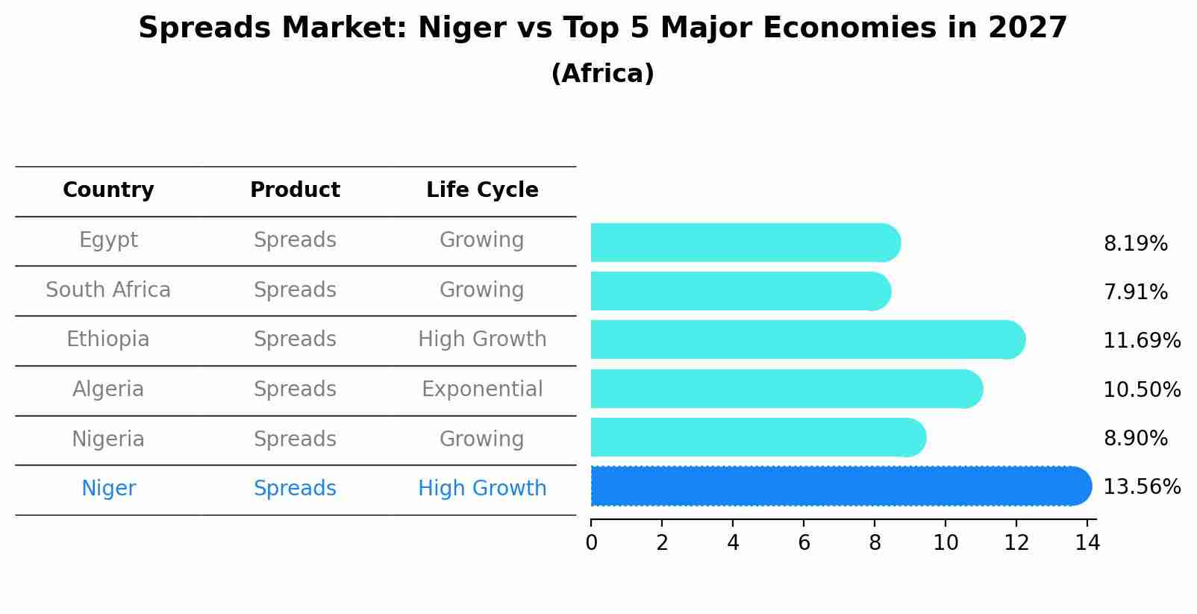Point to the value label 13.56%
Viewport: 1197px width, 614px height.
[x=1142, y=487]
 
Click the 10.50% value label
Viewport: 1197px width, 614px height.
[x=1142, y=389]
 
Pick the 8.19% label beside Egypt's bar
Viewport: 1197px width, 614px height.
[x=1135, y=244]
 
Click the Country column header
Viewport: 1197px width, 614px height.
[x=108, y=190]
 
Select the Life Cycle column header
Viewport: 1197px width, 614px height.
[x=482, y=190]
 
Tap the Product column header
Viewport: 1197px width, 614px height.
[x=295, y=190]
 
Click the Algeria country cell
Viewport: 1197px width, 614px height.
[x=108, y=389]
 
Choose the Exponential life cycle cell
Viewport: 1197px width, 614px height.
[x=482, y=389]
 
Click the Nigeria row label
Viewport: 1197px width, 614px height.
[x=108, y=439]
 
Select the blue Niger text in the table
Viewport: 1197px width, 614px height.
[x=108, y=489]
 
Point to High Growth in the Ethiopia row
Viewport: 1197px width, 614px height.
[x=482, y=339]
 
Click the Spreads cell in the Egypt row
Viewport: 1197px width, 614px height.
[x=295, y=240]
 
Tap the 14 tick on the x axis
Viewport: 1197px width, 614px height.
[x=1087, y=542]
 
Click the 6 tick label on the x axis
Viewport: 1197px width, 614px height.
[x=804, y=542]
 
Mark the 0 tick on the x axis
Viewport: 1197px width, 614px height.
[x=591, y=542]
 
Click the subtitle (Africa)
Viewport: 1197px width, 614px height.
[x=602, y=74]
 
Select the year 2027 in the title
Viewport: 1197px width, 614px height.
[x=1028, y=28]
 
